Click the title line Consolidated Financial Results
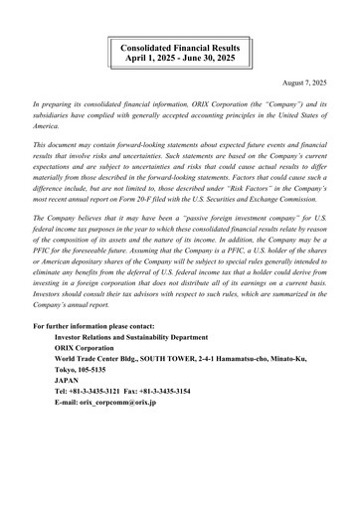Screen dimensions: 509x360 pyautogui.click(x=180, y=46)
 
